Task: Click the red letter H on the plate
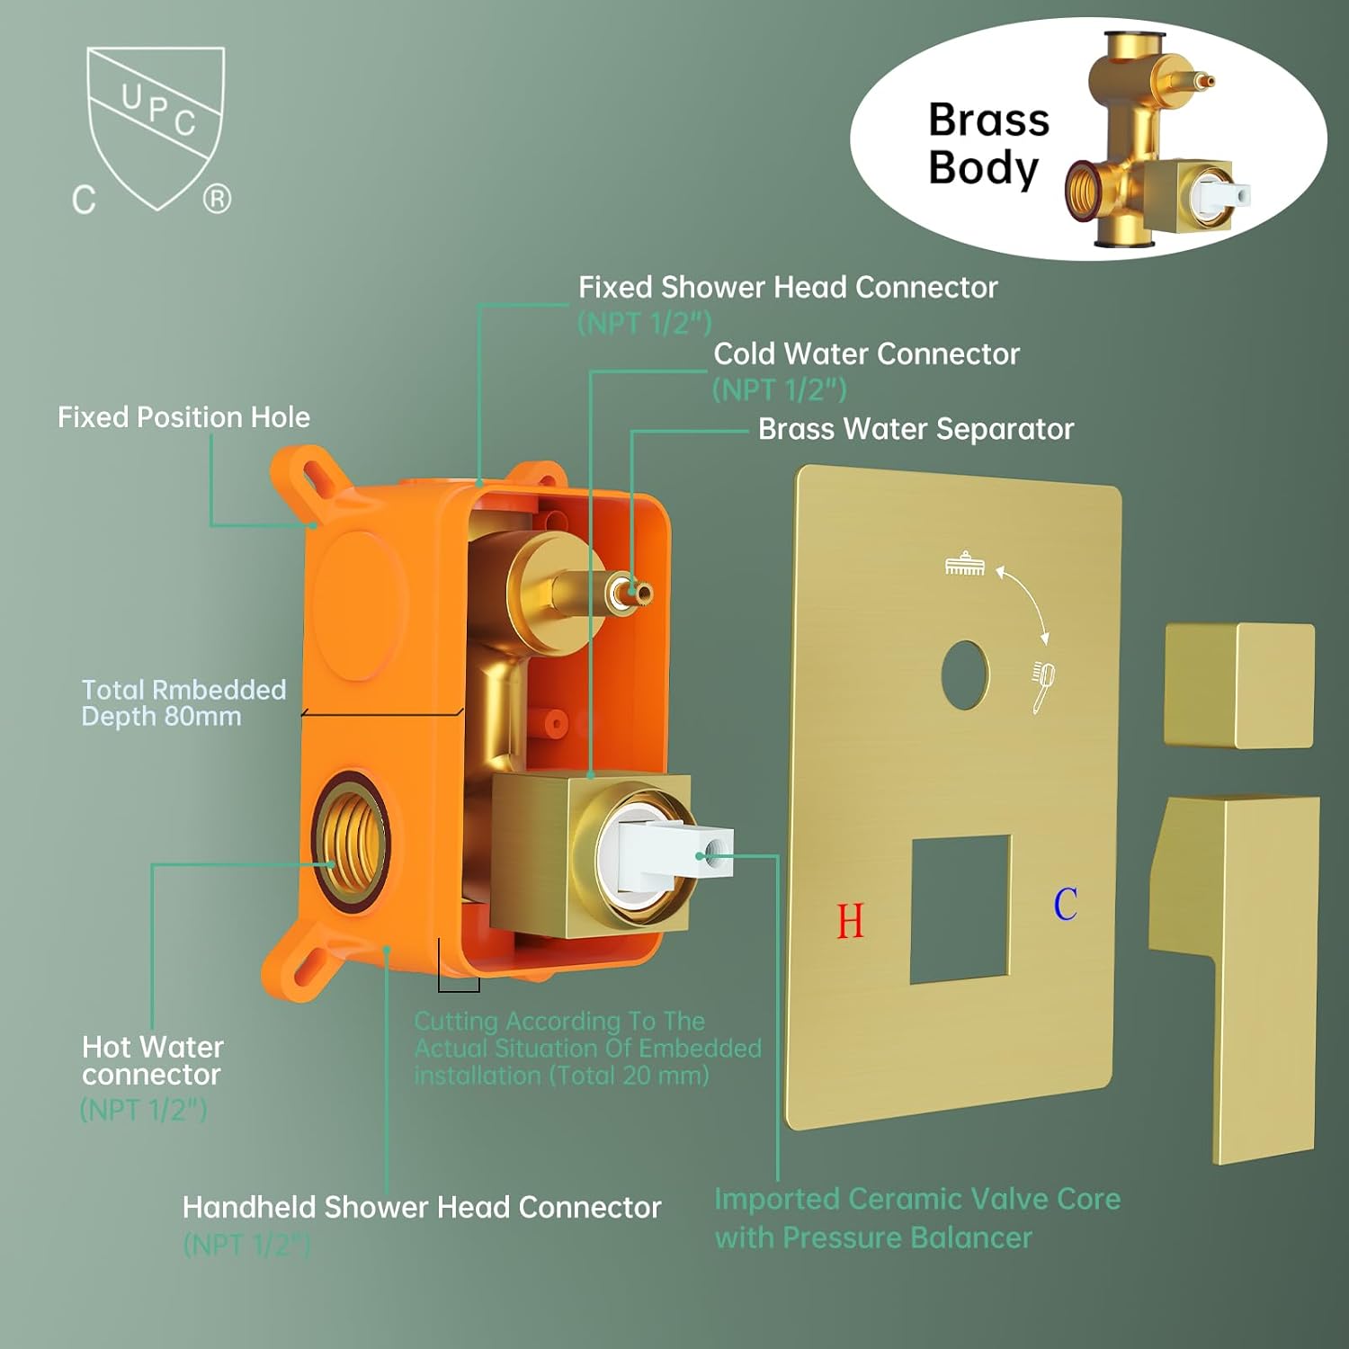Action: point(850,921)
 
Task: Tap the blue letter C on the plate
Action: point(1066,904)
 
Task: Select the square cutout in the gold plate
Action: point(960,908)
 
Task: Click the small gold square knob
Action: point(1239,685)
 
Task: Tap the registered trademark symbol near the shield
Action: point(217,198)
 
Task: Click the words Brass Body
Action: point(988,144)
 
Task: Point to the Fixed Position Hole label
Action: point(183,417)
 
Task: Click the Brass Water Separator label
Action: point(916,429)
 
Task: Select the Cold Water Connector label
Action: point(866,354)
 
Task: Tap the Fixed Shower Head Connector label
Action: point(788,288)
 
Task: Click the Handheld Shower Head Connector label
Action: point(421,1207)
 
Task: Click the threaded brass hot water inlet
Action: point(351,841)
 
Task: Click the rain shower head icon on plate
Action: point(965,564)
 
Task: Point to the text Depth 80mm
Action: point(161,717)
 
